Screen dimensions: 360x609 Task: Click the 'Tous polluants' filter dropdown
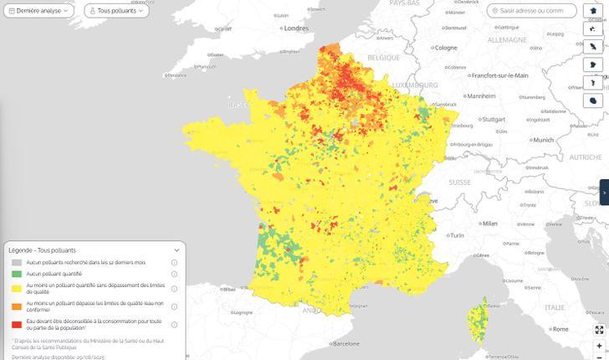[x=116, y=11]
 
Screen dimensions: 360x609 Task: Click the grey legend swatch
[x=16, y=263]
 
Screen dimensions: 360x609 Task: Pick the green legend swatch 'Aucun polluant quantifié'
[x=16, y=274]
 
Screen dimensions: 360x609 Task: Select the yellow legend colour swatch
[x=16, y=289]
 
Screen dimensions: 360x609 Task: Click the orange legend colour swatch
[x=16, y=306]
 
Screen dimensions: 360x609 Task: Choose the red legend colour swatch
[x=16, y=325]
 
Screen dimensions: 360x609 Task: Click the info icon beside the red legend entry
[x=174, y=325]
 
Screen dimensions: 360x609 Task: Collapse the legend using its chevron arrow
[x=177, y=250]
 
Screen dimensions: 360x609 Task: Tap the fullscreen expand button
[x=599, y=330]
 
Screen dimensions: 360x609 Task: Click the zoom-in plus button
[x=599, y=346]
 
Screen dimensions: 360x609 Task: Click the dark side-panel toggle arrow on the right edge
[x=604, y=193]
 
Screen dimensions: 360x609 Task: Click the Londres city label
[x=296, y=28]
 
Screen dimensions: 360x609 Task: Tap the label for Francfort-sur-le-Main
[x=499, y=75]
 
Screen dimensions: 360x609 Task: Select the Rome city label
[x=560, y=330]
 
